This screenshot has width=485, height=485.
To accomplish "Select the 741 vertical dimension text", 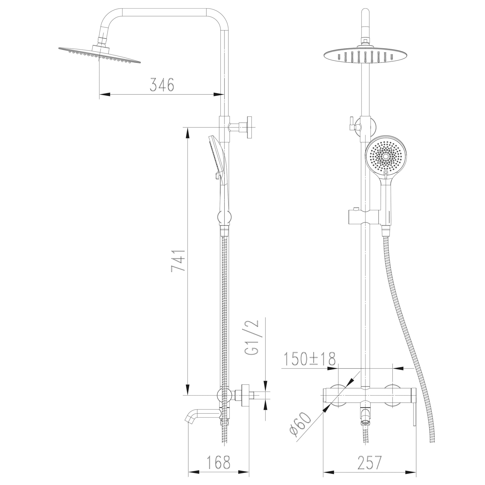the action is click(178, 260).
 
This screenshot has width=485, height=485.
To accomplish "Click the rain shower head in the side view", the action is click(99, 53).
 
